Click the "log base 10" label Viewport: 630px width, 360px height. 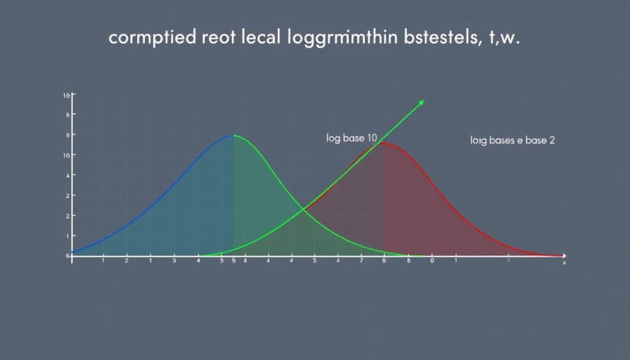[x=351, y=138]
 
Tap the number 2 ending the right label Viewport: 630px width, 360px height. [x=552, y=140]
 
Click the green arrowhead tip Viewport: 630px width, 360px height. [x=423, y=101]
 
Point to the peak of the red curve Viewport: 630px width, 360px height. [x=383, y=143]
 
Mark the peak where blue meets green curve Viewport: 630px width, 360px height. [x=233, y=135]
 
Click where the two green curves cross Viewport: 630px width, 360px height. [x=303, y=210]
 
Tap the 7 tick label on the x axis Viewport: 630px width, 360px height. [x=362, y=261]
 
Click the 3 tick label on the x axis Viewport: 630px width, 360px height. [x=174, y=261]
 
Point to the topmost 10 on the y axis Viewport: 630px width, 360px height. [x=66, y=96]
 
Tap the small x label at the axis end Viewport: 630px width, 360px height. [x=564, y=263]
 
